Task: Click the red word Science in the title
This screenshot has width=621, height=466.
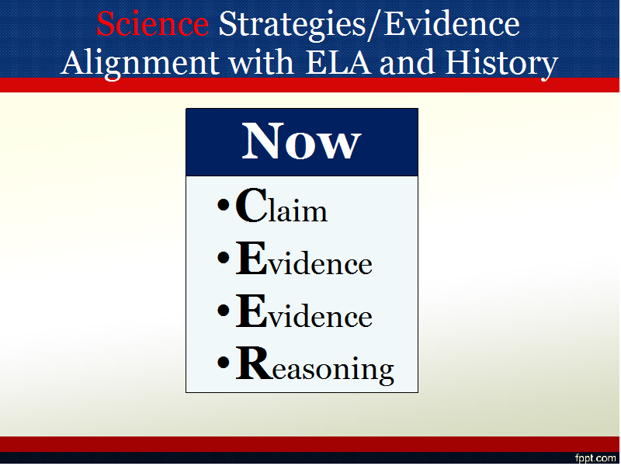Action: click(152, 24)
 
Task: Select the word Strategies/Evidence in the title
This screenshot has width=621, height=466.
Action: click(369, 25)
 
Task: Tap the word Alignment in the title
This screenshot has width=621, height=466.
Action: click(140, 64)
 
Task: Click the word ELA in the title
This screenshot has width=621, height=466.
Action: click(338, 62)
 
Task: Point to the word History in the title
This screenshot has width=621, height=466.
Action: click(501, 64)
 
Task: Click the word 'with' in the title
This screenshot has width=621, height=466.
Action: click(262, 62)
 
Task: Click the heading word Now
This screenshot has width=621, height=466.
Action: click(301, 141)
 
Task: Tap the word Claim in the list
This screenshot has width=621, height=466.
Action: click(282, 205)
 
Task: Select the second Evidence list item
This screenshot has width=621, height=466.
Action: click(304, 311)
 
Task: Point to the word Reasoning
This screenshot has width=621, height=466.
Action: click(315, 364)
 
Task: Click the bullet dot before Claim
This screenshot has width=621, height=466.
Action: click(224, 205)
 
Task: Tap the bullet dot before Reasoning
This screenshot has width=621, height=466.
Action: click(224, 362)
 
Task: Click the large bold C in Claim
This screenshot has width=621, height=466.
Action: click(252, 205)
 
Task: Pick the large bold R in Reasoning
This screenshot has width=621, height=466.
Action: click(255, 363)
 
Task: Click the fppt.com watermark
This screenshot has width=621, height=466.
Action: click(595, 459)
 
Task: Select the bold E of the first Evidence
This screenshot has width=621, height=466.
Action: click(251, 258)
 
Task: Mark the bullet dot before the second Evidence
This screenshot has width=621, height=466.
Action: click(224, 310)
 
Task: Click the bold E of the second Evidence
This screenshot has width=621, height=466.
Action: click(251, 311)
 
